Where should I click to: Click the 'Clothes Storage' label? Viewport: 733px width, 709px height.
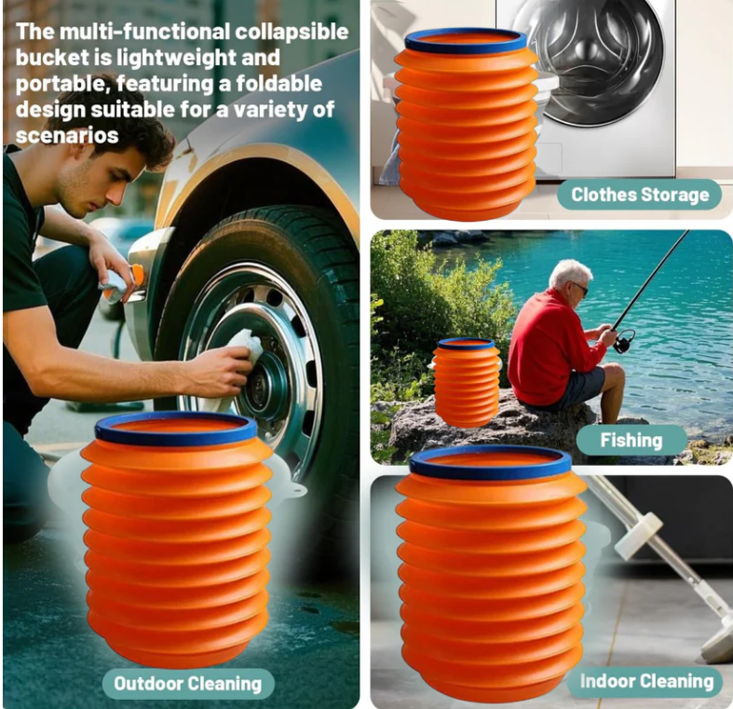click(x=640, y=195)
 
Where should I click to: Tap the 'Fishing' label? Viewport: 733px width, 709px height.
click(x=631, y=440)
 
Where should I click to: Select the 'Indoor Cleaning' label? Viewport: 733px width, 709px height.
click(x=646, y=681)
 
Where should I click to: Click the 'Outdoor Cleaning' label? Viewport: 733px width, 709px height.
click(x=187, y=683)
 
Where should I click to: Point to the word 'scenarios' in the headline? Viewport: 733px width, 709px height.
click(x=66, y=135)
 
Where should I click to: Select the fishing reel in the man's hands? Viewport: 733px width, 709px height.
click(x=623, y=340)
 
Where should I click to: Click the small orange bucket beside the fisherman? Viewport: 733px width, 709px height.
click(x=467, y=382)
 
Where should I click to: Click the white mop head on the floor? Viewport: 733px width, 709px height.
click(x=717, y=643)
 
